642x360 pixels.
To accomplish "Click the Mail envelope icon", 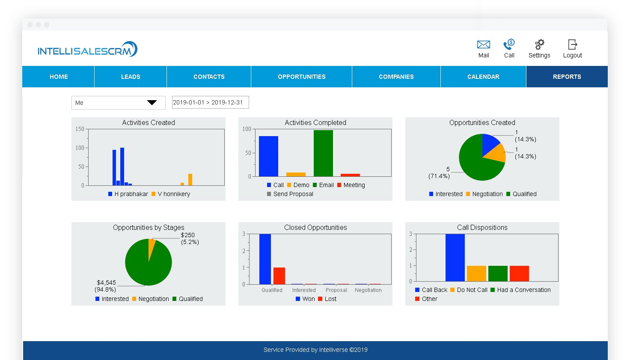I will [x=483, y=45].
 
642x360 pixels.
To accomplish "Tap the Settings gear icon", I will [x=539, y=45].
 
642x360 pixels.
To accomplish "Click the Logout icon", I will [x=572, y=45].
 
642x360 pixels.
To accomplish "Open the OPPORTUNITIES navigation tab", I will [x=301, y=77].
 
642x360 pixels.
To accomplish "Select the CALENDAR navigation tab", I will [x=483, y=77].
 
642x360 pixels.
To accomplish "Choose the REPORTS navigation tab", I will [x=567, y=77].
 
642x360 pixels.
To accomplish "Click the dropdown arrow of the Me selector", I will [x=152, y=103].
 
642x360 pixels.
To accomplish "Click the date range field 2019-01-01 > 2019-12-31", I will [x=210, y=102].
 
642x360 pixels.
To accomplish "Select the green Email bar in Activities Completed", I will [x=323, y=153].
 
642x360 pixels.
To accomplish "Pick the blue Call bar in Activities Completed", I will [x=268, y=156].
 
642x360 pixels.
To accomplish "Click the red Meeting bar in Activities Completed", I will [x=350, y=175].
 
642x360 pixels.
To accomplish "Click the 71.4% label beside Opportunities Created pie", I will [x=439, y=176].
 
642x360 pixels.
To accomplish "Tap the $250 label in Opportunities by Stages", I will [x=187, y=235].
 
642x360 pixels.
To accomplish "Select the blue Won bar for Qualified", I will [x=265, y=259].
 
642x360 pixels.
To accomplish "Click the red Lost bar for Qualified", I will [x=279, y=276].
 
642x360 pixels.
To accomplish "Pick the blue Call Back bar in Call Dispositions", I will [x=455, y=257].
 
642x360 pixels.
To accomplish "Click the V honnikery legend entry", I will [x=173, y=194].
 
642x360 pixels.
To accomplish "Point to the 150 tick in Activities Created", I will [x=80, y=129].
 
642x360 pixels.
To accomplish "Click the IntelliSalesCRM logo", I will [x=87, y=50].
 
